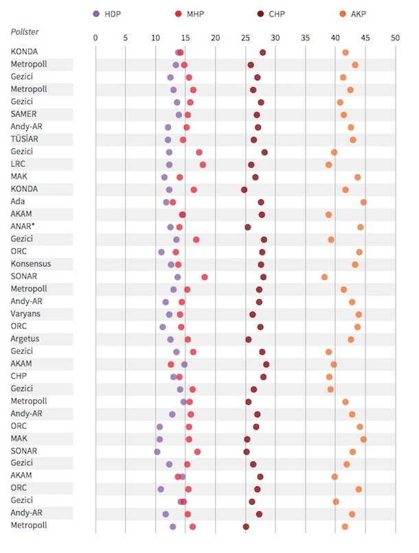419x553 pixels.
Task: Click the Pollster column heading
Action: point(25,32)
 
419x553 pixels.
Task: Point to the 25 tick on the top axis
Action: point(245,38)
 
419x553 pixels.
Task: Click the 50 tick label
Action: point(395,38)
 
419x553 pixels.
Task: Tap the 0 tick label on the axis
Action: point(95,38)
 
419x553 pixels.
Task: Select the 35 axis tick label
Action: point(305,38)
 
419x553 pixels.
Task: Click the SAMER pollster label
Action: point(24,115)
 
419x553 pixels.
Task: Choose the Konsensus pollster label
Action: point(31,264)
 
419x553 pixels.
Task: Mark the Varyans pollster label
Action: point(25,314)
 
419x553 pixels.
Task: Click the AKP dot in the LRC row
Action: point(329,165)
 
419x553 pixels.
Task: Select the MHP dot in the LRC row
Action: point(203,165)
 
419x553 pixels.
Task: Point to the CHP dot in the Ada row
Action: point(261,202)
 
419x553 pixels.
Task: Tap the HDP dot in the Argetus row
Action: point(170,339)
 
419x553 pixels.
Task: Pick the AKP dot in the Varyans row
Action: point(359,314)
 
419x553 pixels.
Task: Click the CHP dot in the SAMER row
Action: point(257,115)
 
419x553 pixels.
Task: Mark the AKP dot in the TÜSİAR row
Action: point(353,139)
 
